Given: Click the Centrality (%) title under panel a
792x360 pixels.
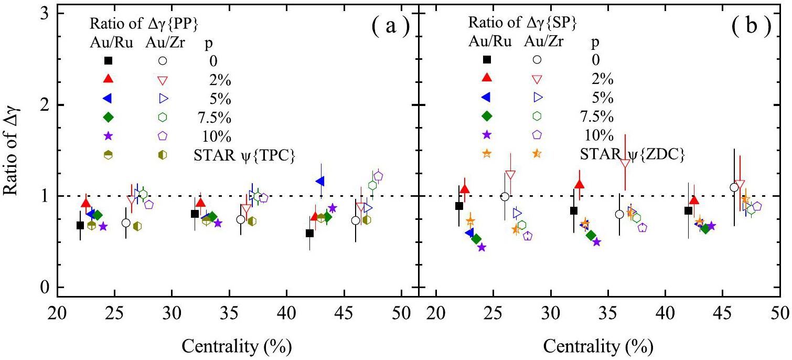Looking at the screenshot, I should (x=237, y=346).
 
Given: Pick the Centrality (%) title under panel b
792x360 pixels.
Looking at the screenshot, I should (x=598, y=346).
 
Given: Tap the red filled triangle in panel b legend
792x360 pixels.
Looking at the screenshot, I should (x=487, y=78).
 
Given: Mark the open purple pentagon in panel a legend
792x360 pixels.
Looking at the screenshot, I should (x=163, y=135).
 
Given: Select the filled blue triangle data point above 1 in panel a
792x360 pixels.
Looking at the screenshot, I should (x=320, y=181).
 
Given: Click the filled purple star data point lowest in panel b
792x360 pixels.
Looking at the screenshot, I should (x=482, y=247).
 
